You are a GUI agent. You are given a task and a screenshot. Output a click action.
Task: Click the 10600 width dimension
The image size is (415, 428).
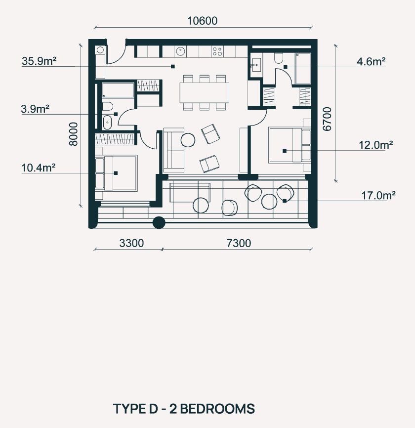[x=202, y=21]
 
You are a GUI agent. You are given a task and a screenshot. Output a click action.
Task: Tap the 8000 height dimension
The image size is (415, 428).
[x=74, y=134]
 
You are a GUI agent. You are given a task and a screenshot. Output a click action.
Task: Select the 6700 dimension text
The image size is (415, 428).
[x=327, y=119]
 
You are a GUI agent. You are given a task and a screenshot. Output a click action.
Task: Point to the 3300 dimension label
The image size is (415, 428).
[x=131, y=243]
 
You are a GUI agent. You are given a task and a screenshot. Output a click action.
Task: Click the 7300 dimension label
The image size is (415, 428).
[x=239, y=243]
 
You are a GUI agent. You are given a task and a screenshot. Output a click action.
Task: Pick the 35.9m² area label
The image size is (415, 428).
[x=39, y=61]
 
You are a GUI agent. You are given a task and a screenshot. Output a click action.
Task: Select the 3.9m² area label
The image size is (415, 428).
[x=35, y=109]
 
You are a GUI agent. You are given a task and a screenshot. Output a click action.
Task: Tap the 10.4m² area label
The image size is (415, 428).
[x=38, y=168]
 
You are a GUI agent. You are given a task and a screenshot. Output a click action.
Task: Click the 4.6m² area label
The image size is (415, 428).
[x=371, y=61]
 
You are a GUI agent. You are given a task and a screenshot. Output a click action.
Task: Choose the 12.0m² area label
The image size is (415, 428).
[x=375, y=145]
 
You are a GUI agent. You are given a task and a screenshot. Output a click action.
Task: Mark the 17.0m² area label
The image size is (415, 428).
[x=378, y=195]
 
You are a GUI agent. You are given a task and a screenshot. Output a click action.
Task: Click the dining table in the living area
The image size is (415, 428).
[x=205, y=92]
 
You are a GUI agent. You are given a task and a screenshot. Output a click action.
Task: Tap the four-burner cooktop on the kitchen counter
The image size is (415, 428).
[x=217, y=51]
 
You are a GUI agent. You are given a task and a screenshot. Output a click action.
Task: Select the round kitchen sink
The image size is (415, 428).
[x=181, y=51]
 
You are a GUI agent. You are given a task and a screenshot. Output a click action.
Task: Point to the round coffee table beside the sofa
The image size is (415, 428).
[x=188, y=140]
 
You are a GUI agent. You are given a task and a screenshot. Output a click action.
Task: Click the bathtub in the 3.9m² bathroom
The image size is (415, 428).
[x=118, y=90]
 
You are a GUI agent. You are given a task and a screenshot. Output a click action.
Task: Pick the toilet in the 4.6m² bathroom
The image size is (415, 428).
[x=279, y=58]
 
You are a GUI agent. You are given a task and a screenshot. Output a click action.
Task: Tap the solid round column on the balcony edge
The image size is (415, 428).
[x=159, y=222]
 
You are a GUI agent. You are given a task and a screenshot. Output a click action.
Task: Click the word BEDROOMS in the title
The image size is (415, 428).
[x=218, y=409]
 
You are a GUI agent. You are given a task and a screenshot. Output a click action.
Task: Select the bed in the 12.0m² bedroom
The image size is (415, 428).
[x=290, y=145]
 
